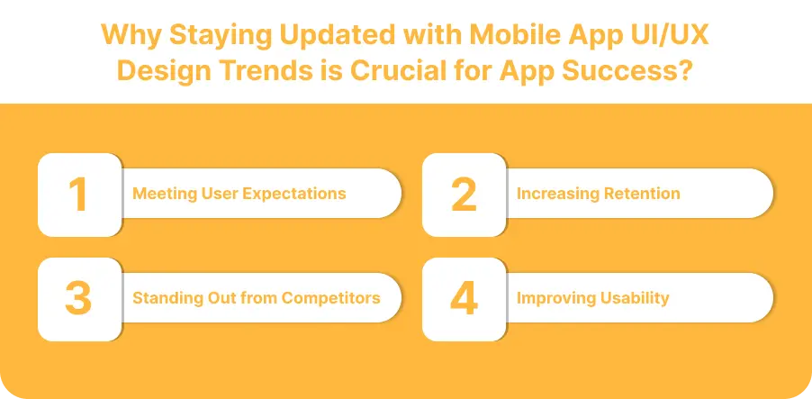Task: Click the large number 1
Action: [79, 195]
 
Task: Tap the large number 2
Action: [464, 195]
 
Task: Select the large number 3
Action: [79, 299]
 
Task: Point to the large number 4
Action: [464, 299]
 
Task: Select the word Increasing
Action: [555, 194]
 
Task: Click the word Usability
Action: [634, 298]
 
